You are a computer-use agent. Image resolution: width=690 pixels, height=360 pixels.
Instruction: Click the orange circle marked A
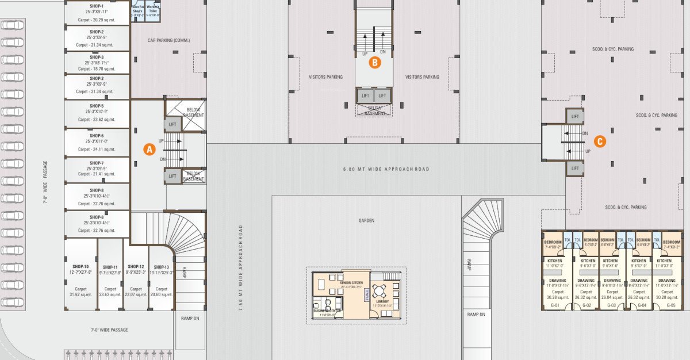point(149,148)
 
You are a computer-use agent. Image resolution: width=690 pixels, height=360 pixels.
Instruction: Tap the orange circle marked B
point(374,63)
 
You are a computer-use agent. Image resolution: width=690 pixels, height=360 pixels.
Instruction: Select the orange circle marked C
point(599,141)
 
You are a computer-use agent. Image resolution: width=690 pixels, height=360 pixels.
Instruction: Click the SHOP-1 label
point(97,6)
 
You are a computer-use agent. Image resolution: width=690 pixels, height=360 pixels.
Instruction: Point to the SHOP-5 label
point(97,106)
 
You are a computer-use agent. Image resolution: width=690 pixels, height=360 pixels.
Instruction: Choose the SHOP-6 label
point(97,135)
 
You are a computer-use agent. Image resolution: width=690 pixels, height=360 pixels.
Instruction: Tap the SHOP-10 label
point(80,267)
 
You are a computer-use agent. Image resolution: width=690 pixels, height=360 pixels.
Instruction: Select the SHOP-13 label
point(162,267)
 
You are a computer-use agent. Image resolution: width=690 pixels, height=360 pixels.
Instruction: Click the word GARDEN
point(366,220)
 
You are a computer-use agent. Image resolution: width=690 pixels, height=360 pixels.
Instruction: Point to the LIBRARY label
point(382,301)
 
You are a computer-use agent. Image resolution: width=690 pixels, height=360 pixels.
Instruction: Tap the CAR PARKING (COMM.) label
point(168,40)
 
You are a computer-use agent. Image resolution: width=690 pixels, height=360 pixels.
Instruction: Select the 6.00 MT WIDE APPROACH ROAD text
point(386,169)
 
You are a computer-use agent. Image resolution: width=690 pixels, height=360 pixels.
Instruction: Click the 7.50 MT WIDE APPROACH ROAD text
point(241,267)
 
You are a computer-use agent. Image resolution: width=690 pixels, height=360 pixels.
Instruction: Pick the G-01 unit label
point(555,305)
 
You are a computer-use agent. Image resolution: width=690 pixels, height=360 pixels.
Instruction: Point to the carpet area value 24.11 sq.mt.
point(97,149)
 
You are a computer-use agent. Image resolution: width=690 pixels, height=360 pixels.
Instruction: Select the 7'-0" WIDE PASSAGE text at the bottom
point(109,330)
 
